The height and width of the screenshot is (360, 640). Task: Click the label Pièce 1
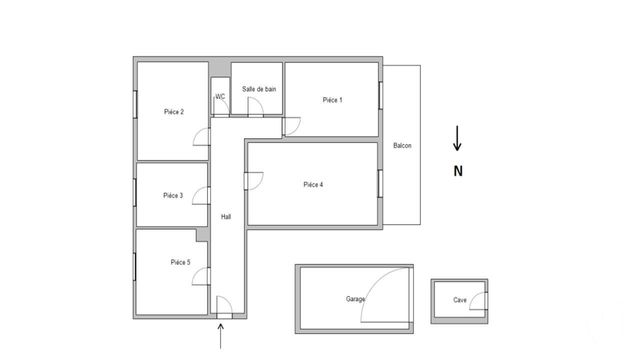click(332, 100)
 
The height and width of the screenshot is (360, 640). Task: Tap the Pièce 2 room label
click(173, 112)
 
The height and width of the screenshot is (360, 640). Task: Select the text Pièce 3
click(173, 196)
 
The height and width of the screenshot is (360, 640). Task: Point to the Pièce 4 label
click(313, 184)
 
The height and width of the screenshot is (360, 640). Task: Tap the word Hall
click(226, 217)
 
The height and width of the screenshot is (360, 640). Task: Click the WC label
click(220, 97)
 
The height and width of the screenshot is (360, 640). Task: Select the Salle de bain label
click(259, 90)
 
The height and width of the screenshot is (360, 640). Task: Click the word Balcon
click(403, 146)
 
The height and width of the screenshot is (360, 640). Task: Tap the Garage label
click(355, 299)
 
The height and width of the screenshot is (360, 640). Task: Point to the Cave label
click(460, 300)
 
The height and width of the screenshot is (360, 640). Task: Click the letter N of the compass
click(458, 171)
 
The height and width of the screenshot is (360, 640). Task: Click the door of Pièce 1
click(292, 125)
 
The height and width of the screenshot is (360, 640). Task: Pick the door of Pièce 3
click(201, 196)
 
